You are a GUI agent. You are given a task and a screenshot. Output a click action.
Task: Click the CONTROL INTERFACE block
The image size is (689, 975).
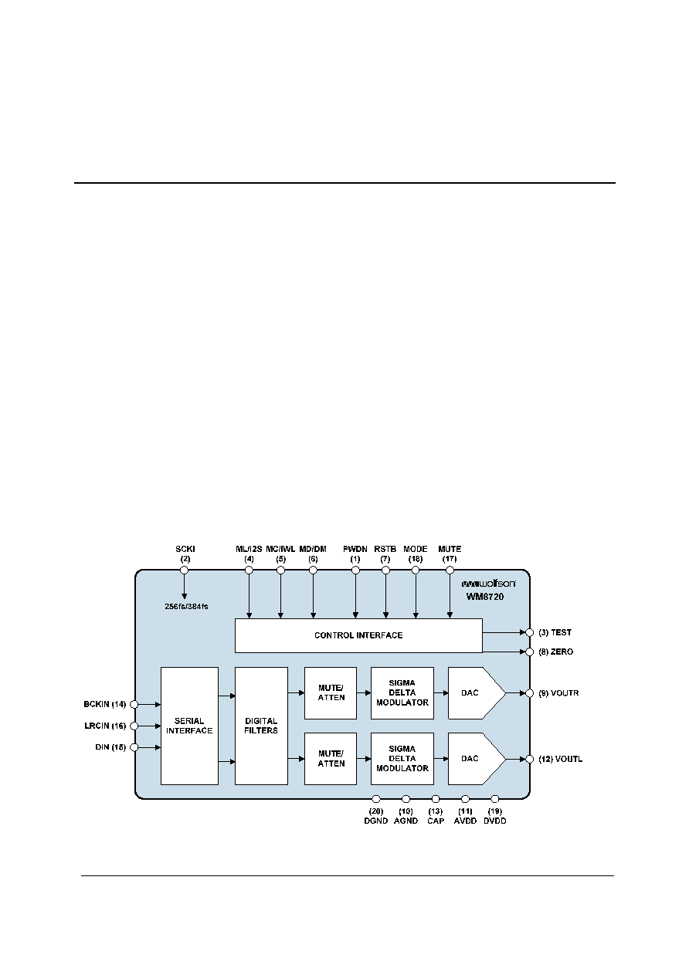[x=358, y=635]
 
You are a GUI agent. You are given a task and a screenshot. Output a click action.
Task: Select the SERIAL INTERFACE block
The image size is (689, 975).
[x=189, y=726]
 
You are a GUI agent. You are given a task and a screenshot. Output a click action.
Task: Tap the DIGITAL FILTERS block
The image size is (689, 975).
[x=261, y=726]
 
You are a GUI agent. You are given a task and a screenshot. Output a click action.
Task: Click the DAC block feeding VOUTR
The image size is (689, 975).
[x=477, y=693]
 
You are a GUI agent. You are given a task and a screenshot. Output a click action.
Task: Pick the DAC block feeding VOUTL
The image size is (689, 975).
[x=477, y=759]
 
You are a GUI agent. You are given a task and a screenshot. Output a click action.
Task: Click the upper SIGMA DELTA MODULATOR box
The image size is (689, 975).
[x=402, y=693]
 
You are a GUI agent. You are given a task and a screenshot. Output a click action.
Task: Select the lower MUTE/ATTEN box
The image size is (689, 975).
[x=331, y=759]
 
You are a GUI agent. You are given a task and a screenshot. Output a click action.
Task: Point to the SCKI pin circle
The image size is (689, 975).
[x=185, y=570]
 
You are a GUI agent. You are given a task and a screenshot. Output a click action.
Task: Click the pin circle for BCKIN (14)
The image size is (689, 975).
[x=134, y=704]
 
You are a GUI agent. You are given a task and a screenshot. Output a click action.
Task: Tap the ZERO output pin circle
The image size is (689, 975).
[x=530, y=652]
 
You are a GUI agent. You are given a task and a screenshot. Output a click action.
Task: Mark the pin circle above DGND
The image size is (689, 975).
[x=376, y=799]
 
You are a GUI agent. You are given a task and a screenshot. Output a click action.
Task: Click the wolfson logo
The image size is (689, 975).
[x=489, y=584]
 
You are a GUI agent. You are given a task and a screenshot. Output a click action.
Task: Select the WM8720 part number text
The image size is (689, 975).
[x=485, y=597]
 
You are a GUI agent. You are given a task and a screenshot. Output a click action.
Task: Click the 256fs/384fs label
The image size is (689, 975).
[x=186, y=606]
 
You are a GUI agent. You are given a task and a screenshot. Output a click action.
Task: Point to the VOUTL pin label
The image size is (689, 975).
[x=561, y=759]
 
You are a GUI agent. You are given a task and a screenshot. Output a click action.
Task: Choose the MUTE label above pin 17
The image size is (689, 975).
[x=450, y=549]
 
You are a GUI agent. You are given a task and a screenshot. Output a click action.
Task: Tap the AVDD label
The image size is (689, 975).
[x=465, y=821]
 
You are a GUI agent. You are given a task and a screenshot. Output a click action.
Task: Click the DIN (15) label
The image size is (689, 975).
[x=110, y=747]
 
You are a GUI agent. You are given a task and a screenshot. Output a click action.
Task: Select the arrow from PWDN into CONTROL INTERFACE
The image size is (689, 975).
[x=355, y=594]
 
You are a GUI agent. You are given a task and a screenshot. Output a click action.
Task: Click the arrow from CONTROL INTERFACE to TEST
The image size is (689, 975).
[x=504, y=632]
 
